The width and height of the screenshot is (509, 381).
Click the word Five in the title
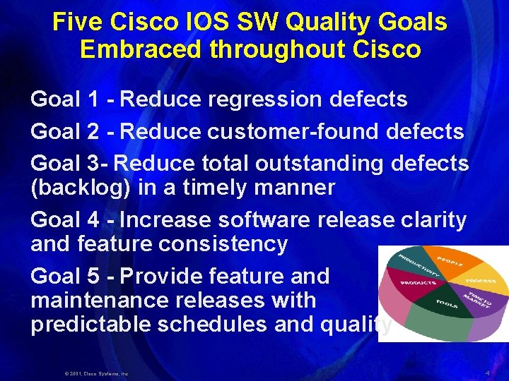[79, 22]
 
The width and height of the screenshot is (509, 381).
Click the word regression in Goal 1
[267, 99]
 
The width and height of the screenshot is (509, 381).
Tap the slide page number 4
[487, 371]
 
